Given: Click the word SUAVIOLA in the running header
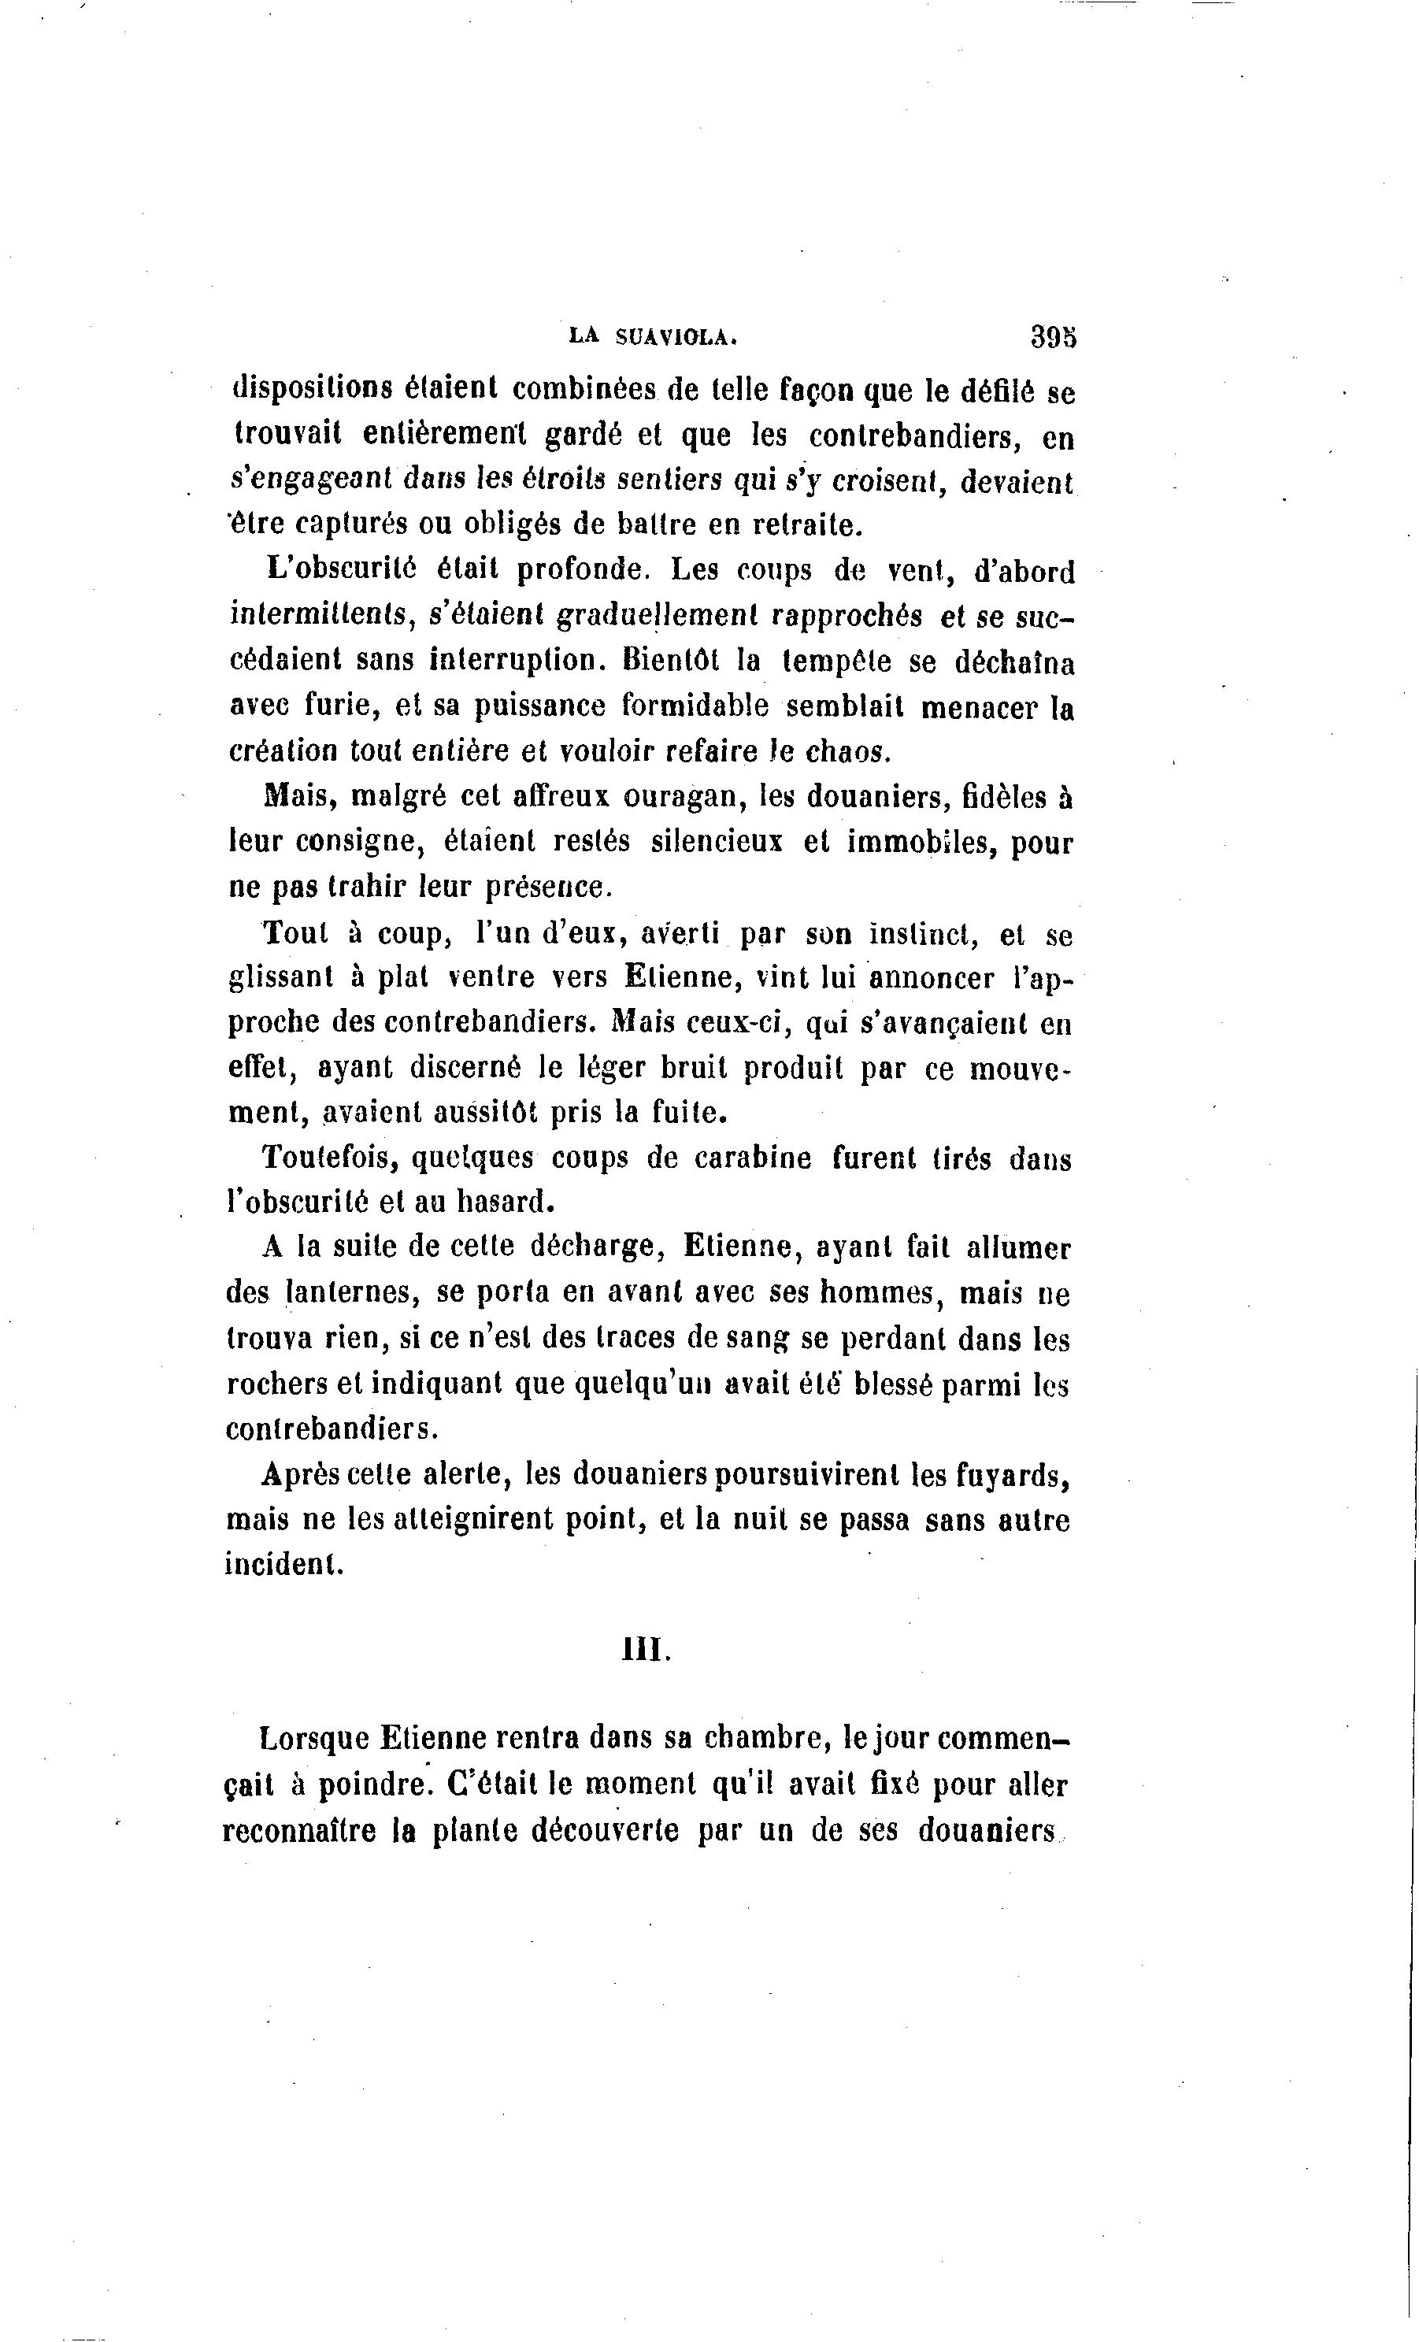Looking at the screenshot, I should pyautogui.click(x=676, y=335).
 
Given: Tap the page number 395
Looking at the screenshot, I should pyautogui.click(x=1052, y=336).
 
